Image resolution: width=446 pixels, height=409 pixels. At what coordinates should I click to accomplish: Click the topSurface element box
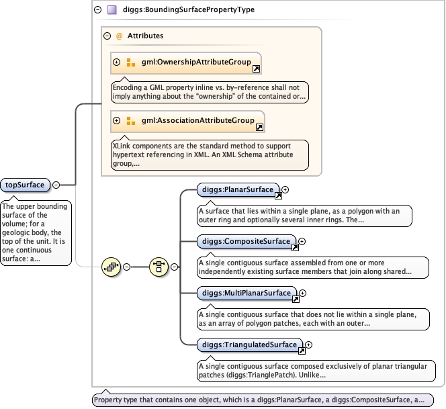tap(25, 185)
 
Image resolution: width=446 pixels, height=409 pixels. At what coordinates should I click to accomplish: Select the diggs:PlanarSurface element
tap(238, 189)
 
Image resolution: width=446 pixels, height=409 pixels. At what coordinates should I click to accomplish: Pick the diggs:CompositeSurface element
tap(247, 242)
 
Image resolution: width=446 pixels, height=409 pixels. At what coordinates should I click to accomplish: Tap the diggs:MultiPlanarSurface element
tap(247, 293)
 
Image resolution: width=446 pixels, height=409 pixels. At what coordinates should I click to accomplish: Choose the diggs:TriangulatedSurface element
tap(250, 345)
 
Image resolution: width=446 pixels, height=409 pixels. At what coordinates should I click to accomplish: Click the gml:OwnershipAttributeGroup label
tap(196, 62)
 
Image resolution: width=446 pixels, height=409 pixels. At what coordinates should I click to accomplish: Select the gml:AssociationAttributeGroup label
tap(198, 121)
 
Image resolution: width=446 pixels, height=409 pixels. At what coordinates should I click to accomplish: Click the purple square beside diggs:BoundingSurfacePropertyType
tap(112, 10)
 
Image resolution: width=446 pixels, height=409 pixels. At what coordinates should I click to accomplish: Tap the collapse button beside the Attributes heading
tap(107, 36)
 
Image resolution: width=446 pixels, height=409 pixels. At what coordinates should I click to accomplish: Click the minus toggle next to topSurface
tap(56, 185)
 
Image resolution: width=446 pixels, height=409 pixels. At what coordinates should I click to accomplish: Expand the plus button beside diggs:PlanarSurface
tap(285, 189)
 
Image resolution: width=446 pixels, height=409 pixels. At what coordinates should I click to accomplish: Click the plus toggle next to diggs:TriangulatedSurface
tap(308, 345)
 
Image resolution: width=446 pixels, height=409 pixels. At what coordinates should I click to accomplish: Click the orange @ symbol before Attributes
tap(119, 36)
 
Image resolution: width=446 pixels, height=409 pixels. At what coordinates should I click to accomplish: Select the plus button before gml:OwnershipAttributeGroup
tap(116, 62)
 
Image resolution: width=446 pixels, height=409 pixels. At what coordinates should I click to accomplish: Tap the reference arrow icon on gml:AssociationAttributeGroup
tap(259, 127)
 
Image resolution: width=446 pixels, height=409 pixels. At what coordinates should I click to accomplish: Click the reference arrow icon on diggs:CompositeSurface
tap(295, 247)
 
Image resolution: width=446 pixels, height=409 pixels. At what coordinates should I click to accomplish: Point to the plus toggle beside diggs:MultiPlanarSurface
tap(303, 293)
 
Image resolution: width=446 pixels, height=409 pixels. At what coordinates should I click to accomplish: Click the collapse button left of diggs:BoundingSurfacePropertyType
tap(97, 10)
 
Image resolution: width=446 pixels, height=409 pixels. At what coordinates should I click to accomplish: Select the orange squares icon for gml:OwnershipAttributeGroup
tap(130, 62)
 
